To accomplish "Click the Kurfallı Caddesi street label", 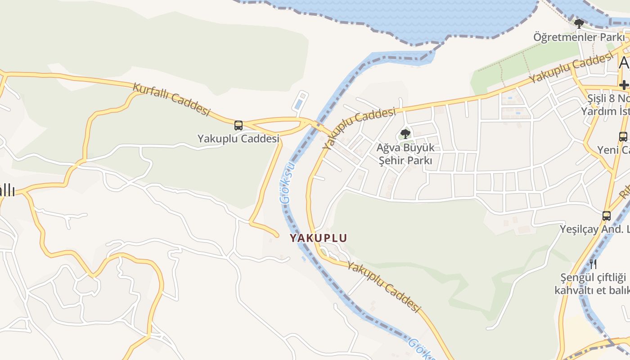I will (172, 99).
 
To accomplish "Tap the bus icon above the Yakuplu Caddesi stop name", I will (238, 126).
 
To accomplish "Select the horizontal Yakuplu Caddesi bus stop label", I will (238, 139).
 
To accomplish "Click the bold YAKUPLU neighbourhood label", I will (318, 238).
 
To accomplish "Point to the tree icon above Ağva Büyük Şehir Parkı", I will (405, 134).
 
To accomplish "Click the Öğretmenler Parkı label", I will (579, 37).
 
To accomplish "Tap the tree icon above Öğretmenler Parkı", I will (579, 23).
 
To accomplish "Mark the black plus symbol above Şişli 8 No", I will (624, 85).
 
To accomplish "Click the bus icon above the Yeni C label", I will (623, 136).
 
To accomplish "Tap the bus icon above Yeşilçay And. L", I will (607, 216).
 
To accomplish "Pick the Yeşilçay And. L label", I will (594, 229).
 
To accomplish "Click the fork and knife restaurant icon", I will (593, 263).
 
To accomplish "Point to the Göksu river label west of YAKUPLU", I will (288, 182).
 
